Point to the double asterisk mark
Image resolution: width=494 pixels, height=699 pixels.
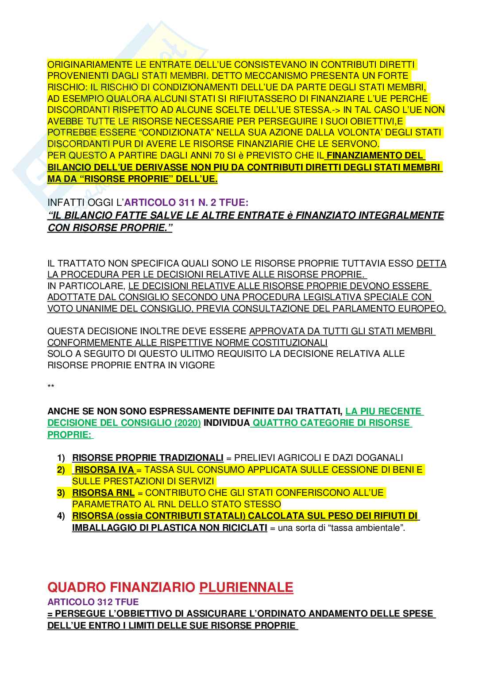click(51, 387)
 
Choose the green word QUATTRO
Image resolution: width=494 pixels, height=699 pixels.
click(274, 423)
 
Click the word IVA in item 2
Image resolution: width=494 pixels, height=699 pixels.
click(125, 470)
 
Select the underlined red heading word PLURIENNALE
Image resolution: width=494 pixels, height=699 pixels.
click(246, 587)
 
